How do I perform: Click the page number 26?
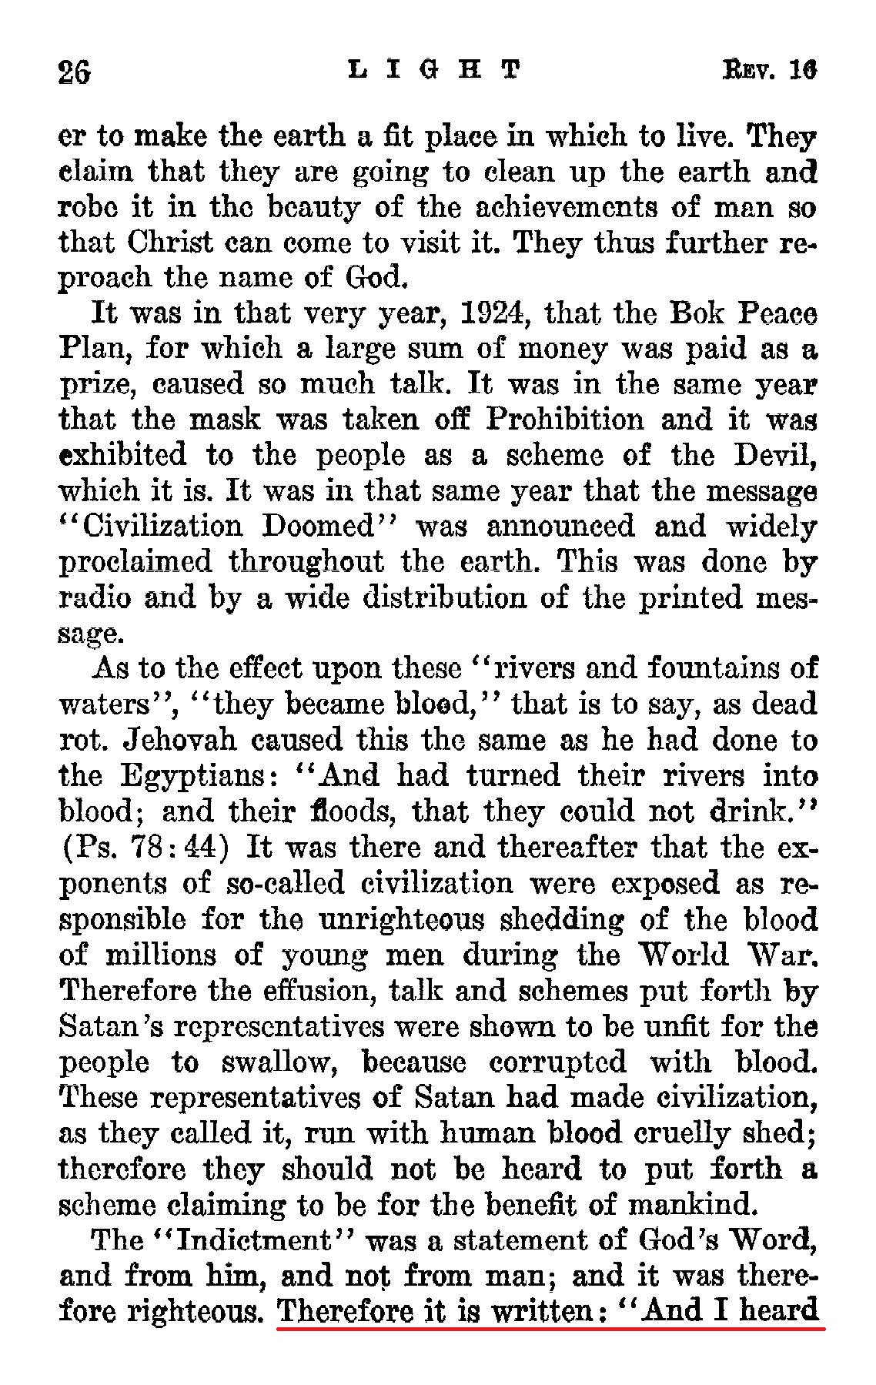pos(75,72)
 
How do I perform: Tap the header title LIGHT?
pos(434,70)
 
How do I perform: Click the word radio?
pos(95,597)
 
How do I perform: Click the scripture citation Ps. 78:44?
pos(145,848)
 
